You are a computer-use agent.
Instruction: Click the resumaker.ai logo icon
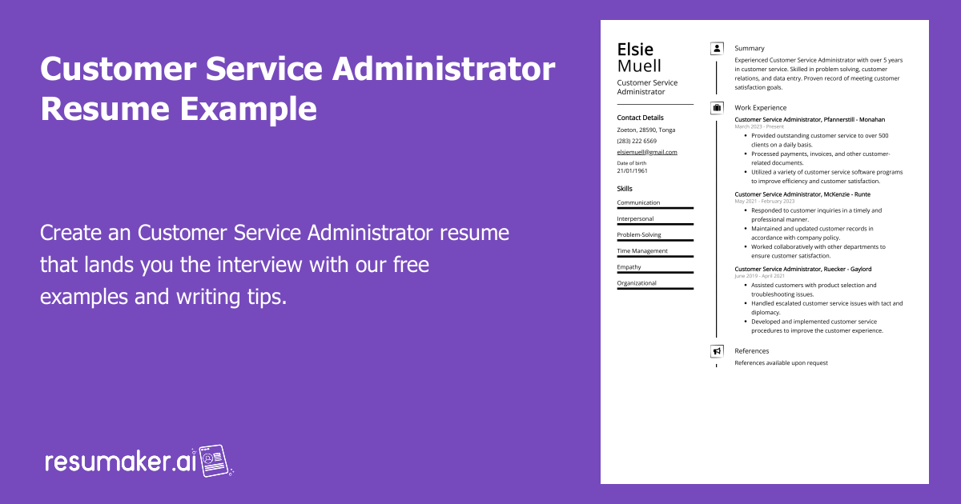[x=214, y=461]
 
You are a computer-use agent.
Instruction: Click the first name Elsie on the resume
[x=635, y=50]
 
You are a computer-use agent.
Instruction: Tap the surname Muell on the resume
[x=639, y=66]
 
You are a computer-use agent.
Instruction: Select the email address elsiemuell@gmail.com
[x=647, y=152]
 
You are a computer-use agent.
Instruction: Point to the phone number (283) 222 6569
[x=637, y=141]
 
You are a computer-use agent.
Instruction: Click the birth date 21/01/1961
[x=633, y=171]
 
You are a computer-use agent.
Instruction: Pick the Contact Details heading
[x=640, y=118]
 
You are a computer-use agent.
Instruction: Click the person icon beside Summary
[x=717, y=49]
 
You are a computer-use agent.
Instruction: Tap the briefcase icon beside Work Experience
[x=717, y=107]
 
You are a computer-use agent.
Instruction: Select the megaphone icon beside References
[x=717, y=350]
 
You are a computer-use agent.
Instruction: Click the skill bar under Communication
[x=655, y=209]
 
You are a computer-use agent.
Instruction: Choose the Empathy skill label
[x=629, y=266]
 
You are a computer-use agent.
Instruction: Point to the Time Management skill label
[x=642, y=250]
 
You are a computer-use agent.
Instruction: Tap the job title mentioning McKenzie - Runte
[x=802, y=194]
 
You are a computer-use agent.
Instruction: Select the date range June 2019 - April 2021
[x=760, y=276]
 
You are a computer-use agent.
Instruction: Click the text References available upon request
[x=781, y=363]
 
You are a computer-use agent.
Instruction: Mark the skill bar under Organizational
[x=655, y=289]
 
